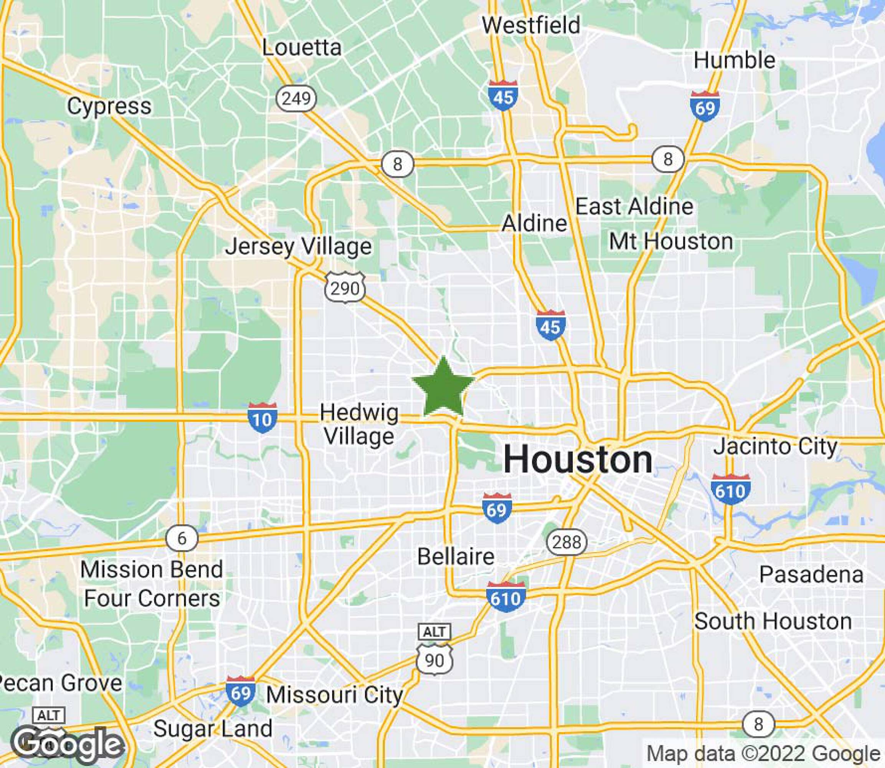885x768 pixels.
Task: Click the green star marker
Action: tap(443, 388)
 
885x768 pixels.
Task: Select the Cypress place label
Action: tap(109, 106)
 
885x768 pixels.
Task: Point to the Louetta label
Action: tap(302, 47)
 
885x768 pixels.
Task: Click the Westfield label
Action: tap(531, 25)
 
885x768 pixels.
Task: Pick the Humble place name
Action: tap(734, 60)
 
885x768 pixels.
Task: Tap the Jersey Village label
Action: tap(299, 247)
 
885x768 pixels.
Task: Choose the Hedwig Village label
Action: tap(359, 425)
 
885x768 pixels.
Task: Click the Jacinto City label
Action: tap(775, 447)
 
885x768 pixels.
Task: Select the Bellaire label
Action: tap(456, 557)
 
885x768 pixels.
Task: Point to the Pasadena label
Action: tap(811, 575)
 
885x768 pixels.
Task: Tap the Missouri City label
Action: tap(335, 695)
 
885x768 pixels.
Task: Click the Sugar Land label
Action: tap(213, 728)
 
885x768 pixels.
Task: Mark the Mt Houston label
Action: tap(671, 242)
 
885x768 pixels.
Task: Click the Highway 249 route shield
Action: tap(296, 99)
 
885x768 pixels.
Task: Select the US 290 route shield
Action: tap(345, 288)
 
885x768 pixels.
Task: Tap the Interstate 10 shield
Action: tap(262, 418)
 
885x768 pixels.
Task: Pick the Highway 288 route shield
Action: tap(566, 543)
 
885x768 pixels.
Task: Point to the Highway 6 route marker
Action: tap(182, 538)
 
